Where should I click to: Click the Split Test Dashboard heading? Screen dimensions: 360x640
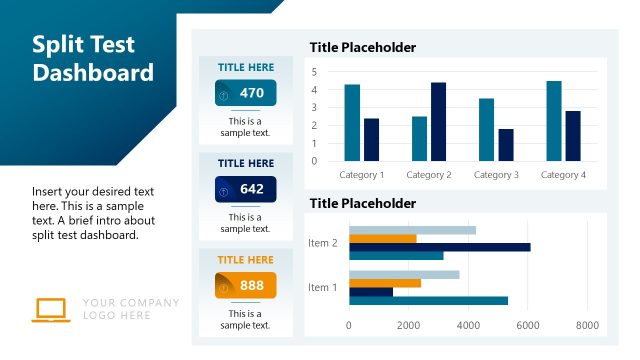coord(93,59)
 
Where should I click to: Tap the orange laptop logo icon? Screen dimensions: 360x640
coord(49,309)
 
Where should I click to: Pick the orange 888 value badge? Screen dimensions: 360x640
coord(245,285)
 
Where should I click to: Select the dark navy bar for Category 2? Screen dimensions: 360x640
coord(438,121)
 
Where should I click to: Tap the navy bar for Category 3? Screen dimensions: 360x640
coord(505,144)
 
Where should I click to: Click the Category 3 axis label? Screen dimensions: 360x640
coord(496,175)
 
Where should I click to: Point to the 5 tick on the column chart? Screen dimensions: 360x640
coord(314,72)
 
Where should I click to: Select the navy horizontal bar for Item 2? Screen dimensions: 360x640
coord(439,247)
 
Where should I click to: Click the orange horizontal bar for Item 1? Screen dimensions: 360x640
coord(385,283)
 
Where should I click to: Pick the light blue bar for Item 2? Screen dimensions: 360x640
coord(412,230)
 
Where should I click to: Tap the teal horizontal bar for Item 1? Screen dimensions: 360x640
coord(428,301)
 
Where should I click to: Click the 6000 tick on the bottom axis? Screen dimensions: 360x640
coord(528,325)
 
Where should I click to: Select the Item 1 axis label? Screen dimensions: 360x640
coord(323,288)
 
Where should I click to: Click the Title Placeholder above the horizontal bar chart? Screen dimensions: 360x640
coord(362,203)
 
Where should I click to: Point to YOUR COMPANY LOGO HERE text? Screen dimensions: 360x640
coord(131,309)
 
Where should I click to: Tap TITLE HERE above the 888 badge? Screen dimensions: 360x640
coord(245,260)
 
